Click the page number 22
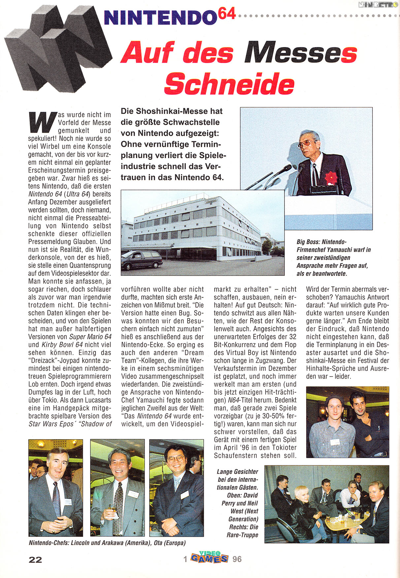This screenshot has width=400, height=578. [35, 560]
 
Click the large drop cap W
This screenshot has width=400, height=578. [42, 122]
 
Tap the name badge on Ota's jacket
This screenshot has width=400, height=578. [184, 494]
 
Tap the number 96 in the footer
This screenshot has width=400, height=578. [237, 559]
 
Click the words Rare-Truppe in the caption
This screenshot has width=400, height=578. [243, 535]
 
